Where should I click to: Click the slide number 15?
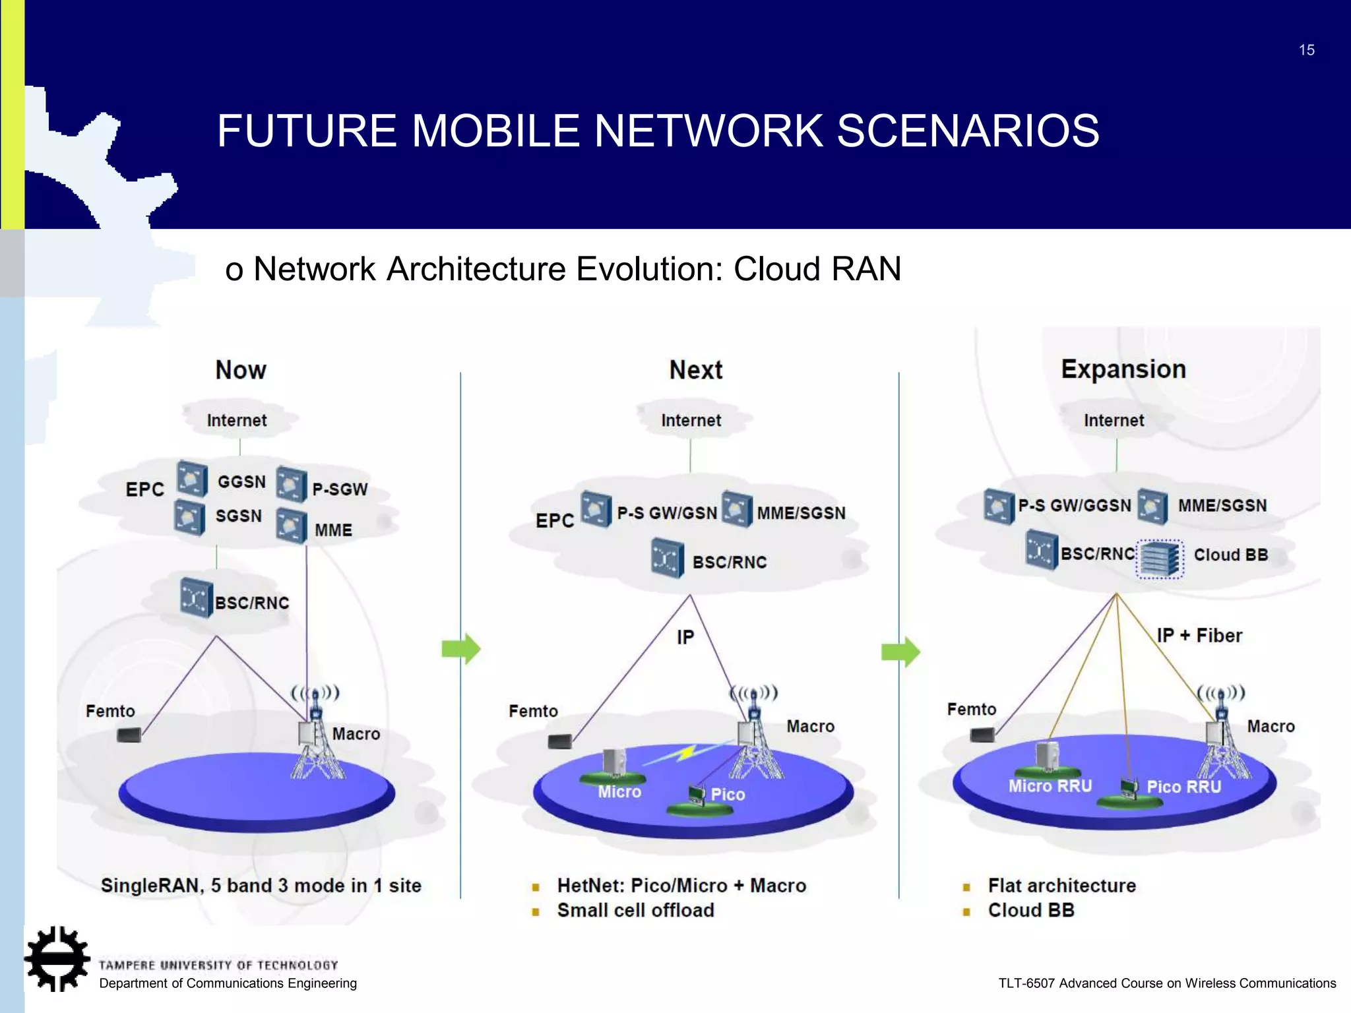[x=1306, y=50]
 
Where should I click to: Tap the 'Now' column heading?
[x=241, y=370]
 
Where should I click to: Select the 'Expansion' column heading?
[x=1123, y=369]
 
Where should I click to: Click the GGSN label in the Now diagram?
[x=241, y=482]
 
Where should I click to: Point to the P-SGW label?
[x=340, y=489]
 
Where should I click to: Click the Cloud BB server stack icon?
[x=1160, y=559]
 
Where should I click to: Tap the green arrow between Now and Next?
[x=461, y=649]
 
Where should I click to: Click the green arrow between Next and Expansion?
[x=900, y=652]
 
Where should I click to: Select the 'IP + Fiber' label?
[x=1199, y=636]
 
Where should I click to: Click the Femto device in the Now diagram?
[x=129, y=734]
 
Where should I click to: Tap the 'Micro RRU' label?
[x=1050, y=786]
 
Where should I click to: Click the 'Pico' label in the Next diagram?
[x=728, y=795]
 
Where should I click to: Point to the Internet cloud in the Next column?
[x=691, y=421]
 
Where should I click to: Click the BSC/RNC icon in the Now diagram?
[x=195, y=598]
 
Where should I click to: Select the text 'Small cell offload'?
[x=635, y=911]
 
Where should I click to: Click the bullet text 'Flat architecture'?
[x=1061, y=886]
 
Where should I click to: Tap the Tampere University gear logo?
[x=57, y=958]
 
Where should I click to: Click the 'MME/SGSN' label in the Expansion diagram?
[x=1222, y=506]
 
